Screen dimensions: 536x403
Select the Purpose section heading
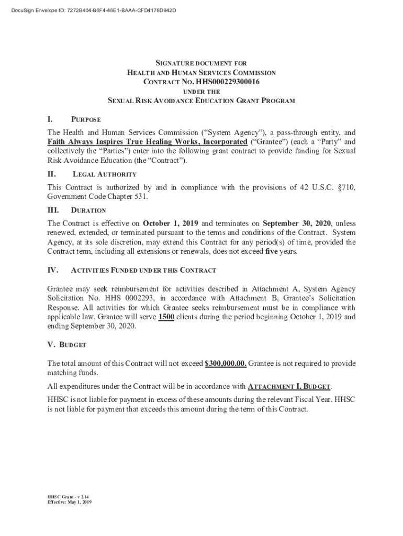[x=86, y=120]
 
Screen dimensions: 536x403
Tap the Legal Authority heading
[x=105, y=174]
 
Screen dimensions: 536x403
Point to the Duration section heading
[x=88, y=210]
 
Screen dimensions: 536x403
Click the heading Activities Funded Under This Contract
[x=143, y=271]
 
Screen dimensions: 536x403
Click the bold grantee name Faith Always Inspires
[x=147, y=142]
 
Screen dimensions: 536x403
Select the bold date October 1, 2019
[x=170, y=222]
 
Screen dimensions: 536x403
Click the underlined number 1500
[x=166, y=317]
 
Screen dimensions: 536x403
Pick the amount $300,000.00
[x=226, y=363]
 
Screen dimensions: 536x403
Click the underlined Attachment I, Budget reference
[x=289, y=387]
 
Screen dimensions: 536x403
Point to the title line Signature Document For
[x=201, y=63]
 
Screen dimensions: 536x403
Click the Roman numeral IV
[x=52, y=271]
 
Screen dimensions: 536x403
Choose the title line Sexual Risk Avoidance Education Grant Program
[x=201, y=100]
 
